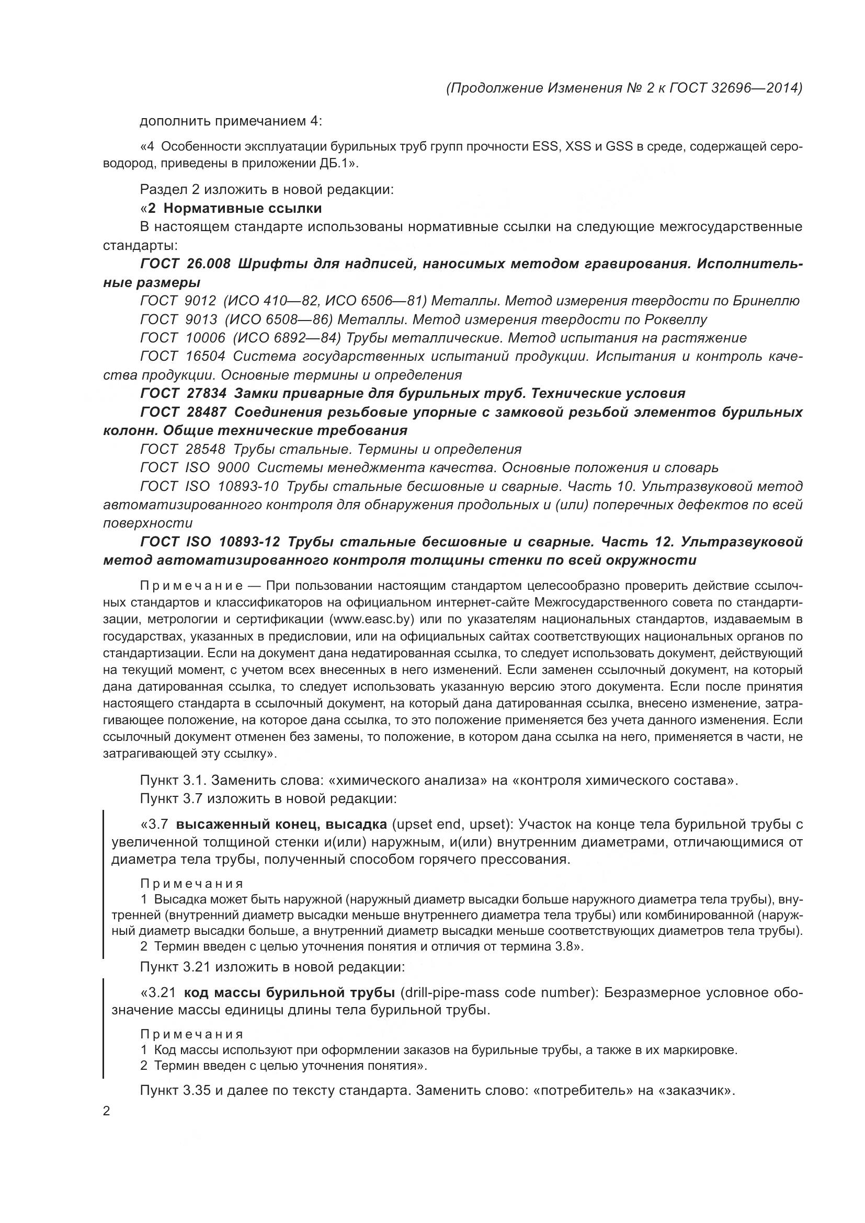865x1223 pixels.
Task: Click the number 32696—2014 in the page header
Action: pyautogui.click(x=755, y=88)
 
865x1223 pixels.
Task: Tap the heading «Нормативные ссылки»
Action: pyautogui.click(x=242, y=208)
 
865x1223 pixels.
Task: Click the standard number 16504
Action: pyautogui.click(x=205, y=357)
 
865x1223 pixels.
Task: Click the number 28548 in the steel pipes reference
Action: pyautogui.click(x=205, y=449)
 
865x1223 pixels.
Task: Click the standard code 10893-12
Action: pyautogui.click(x=249, y=542)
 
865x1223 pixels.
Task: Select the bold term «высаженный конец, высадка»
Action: pyautogui.click(x=281, y=825)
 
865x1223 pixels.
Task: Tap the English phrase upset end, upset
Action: pyautogui.click(x=451, y=825)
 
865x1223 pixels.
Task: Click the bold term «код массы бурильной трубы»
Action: pyautogui.click(x=289, y=993)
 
